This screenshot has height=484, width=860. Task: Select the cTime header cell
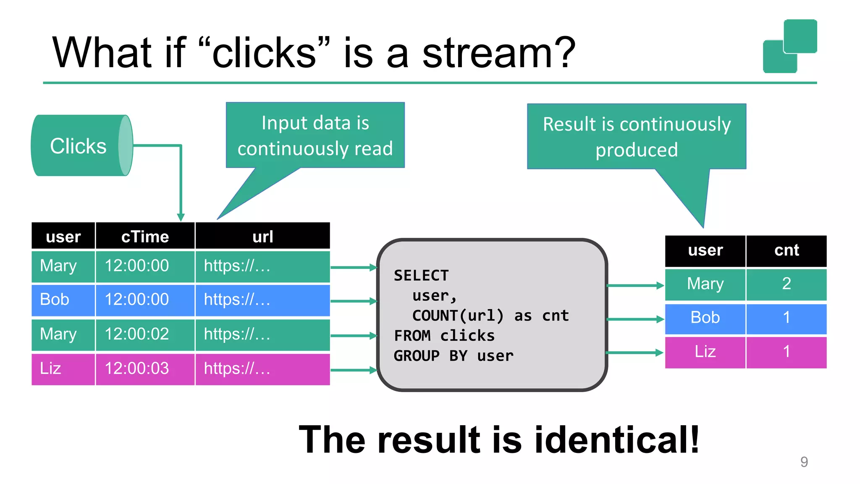145,237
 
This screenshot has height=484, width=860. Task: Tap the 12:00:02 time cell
136,334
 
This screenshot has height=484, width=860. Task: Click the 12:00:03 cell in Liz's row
136,368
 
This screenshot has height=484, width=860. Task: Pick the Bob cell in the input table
55,300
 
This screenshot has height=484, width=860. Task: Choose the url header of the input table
262,237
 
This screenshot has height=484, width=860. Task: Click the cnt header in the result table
786,250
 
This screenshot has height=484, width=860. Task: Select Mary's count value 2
786,284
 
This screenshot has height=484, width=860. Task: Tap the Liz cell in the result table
705,352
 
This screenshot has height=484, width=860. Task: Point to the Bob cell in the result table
705,318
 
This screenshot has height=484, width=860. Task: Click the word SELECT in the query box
421,276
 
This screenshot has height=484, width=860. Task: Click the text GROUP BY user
454,356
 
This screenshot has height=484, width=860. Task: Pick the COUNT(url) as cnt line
490,316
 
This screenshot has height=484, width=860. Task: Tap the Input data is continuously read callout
315,135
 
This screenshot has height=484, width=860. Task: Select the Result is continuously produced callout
636,137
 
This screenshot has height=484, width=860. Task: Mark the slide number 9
804,462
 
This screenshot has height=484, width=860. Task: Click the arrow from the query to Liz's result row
634,353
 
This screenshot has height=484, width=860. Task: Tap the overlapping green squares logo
789,46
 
